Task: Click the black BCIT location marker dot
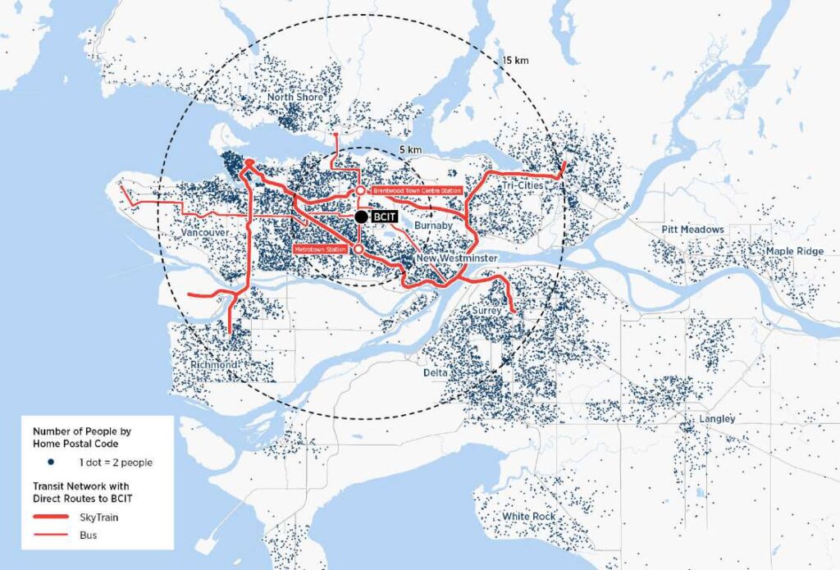361,217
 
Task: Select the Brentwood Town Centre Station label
417,190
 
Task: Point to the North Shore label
294,98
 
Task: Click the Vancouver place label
204,233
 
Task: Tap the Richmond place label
213,364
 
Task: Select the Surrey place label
486,312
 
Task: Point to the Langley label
717,419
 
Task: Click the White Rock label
528,517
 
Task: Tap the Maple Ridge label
795,251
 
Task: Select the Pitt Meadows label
693,230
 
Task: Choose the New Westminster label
457,258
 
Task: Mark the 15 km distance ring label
517,61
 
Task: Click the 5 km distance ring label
411,150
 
